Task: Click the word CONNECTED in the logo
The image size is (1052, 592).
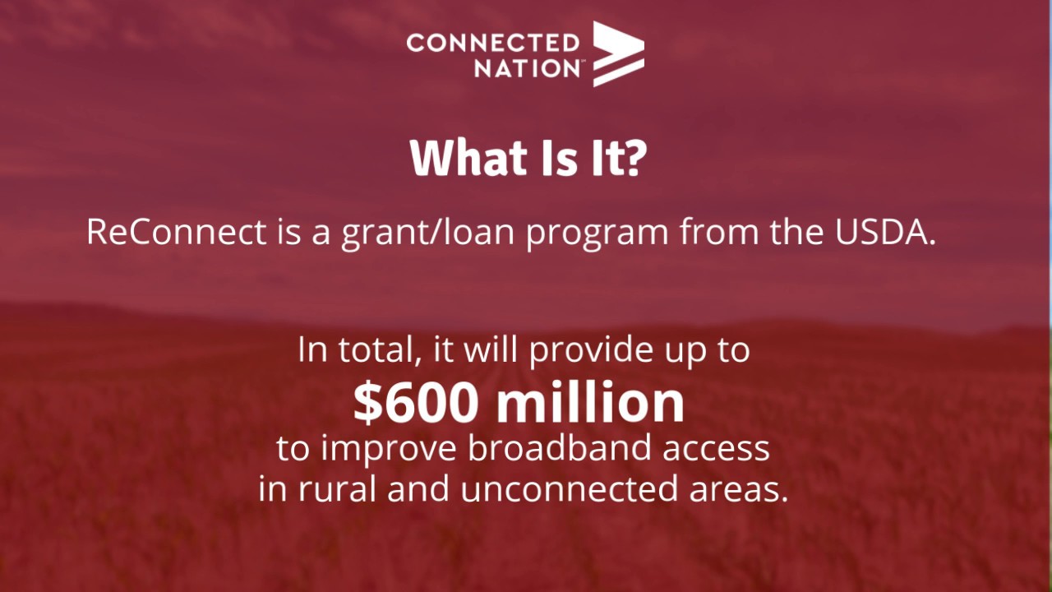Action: coord(492,43)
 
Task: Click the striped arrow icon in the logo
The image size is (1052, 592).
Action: coord(618,54)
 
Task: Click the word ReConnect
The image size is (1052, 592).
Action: coord(176,233)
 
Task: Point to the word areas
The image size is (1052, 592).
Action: coord(736,489)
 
